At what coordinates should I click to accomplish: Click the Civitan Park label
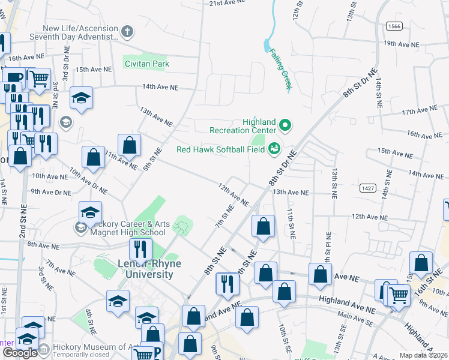click(x=146, y=64)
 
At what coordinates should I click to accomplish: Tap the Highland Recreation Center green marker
click(x=286, y=126)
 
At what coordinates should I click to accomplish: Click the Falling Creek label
click(x=280, y=69)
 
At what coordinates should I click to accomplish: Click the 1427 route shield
click(x=368, y=188)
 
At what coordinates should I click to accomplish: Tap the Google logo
click(x=20, y=353)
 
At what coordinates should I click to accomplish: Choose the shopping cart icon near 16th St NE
click(x=399, y=293)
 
